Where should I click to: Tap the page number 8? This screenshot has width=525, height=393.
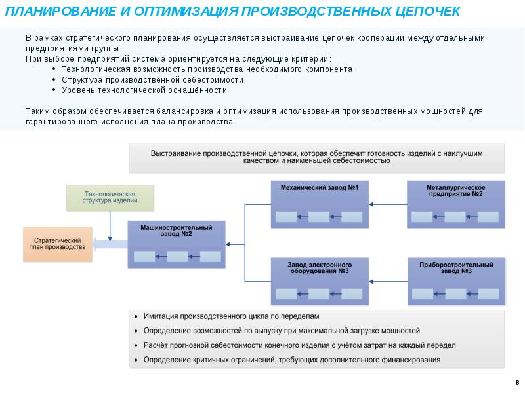[x=516, y=382]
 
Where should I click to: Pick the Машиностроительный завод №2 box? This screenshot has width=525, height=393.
[x=177, y=236]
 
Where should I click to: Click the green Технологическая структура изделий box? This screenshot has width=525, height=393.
[x=110, y=198]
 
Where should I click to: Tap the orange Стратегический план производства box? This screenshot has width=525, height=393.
[x=58, y=244]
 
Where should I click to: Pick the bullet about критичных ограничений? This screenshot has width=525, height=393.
[x=291, y=360]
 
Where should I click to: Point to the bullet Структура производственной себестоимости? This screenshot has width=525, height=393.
[x=152, y=79]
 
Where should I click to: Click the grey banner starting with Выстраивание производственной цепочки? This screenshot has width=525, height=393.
[x=316, y=157]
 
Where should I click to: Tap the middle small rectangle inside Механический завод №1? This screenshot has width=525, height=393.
[x=319, y=217]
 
